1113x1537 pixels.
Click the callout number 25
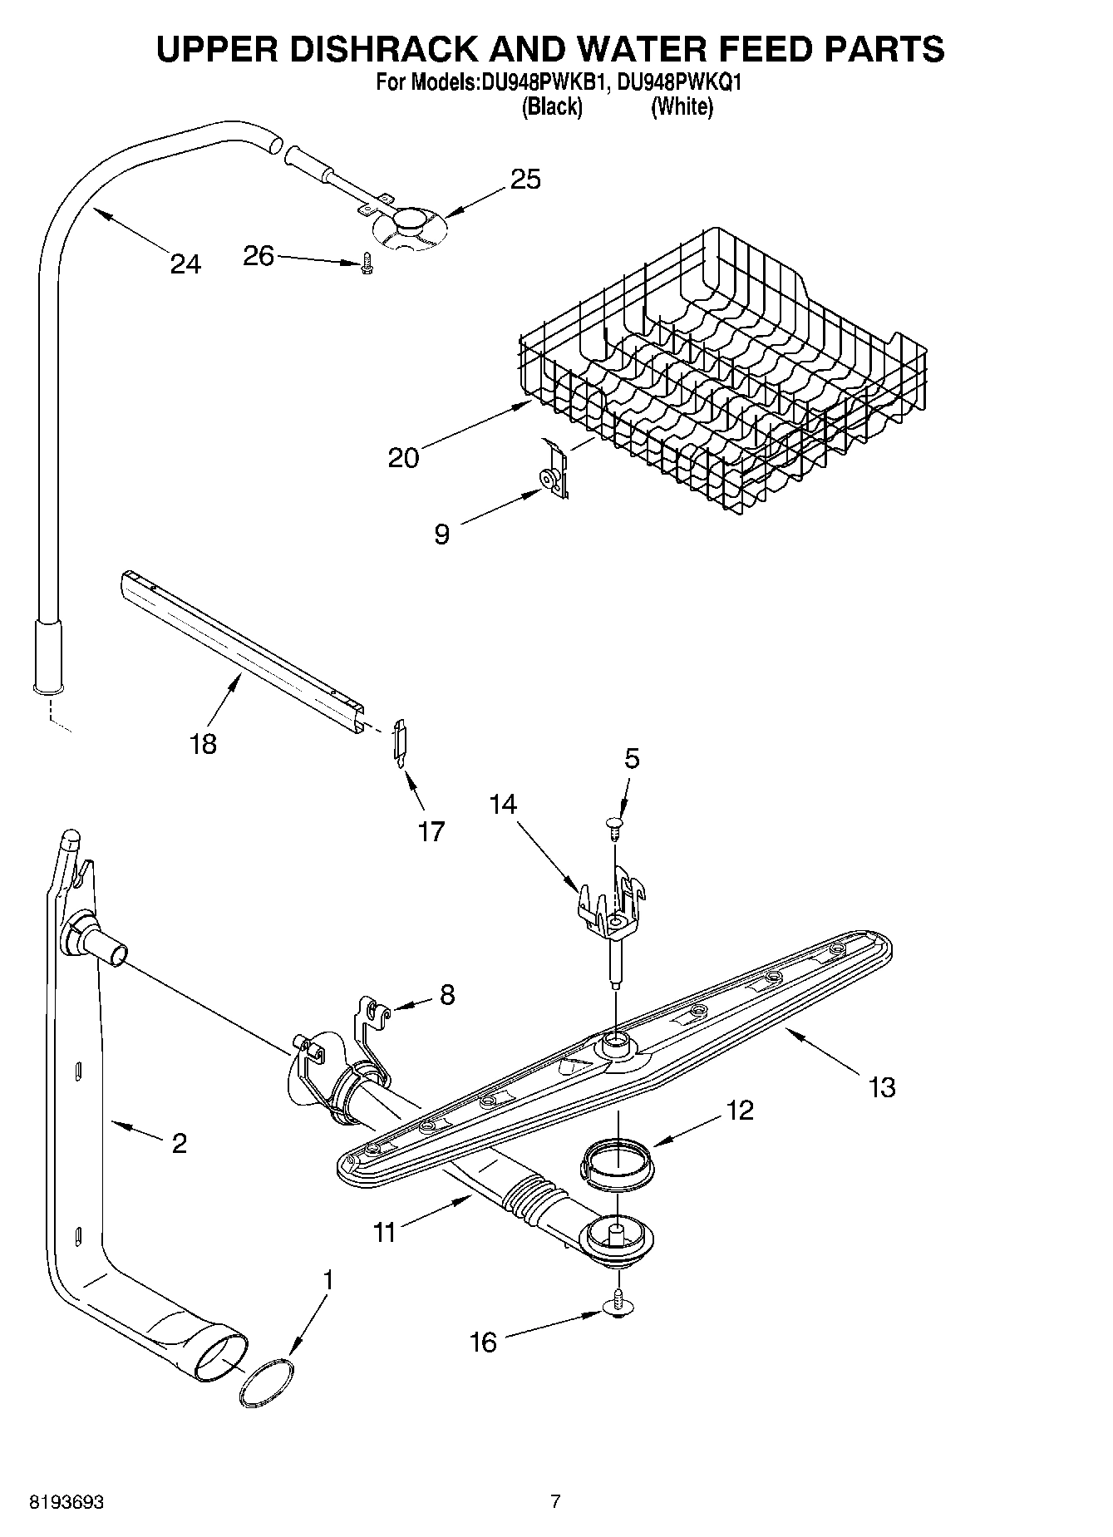pos(525,180)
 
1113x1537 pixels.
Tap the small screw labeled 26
pos(366,264)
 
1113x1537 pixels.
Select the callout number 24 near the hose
pos(185,264)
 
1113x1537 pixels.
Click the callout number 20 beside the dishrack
pos(404,457)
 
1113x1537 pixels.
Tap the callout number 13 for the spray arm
pos(882,1086)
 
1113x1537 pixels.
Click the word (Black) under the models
pos(551,107)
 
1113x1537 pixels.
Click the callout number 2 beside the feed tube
pos(179,1143)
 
